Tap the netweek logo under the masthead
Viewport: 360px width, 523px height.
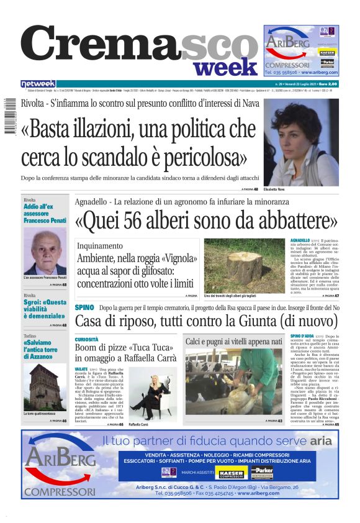coord(38,84)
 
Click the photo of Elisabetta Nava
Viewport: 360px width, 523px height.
coord(301,142)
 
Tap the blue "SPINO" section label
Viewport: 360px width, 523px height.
coord(84,307)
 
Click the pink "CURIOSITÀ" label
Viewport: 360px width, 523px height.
coord(87,340)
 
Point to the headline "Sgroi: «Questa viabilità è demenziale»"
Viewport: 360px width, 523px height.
coord(44,308)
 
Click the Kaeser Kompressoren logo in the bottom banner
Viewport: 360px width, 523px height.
coord(232,474)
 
